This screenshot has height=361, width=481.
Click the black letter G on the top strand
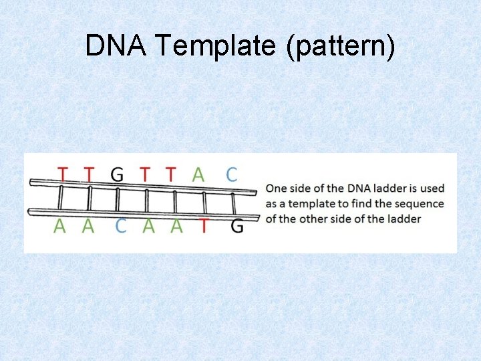(x=117, y=174)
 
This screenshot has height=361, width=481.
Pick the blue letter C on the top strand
(x=231, y=174)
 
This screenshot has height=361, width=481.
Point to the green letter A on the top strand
(x=198, y=174)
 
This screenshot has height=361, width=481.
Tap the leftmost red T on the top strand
(x=62, y=174)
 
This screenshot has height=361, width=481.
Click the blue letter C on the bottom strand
(x=121, y=227)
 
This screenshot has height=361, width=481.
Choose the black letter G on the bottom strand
(x=236, y=227)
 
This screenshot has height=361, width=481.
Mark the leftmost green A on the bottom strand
(x=59, y=227)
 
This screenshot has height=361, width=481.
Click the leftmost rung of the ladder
(x=60, y=199)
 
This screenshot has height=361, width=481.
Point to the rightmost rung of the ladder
(x=233, y=203)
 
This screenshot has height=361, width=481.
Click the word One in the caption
(x=277, y=189)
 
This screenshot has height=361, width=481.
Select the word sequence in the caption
(x=420, y=204)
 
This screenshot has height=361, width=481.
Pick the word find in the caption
(x=361, y=204)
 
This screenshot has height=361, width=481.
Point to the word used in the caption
(x=432, y=189)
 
